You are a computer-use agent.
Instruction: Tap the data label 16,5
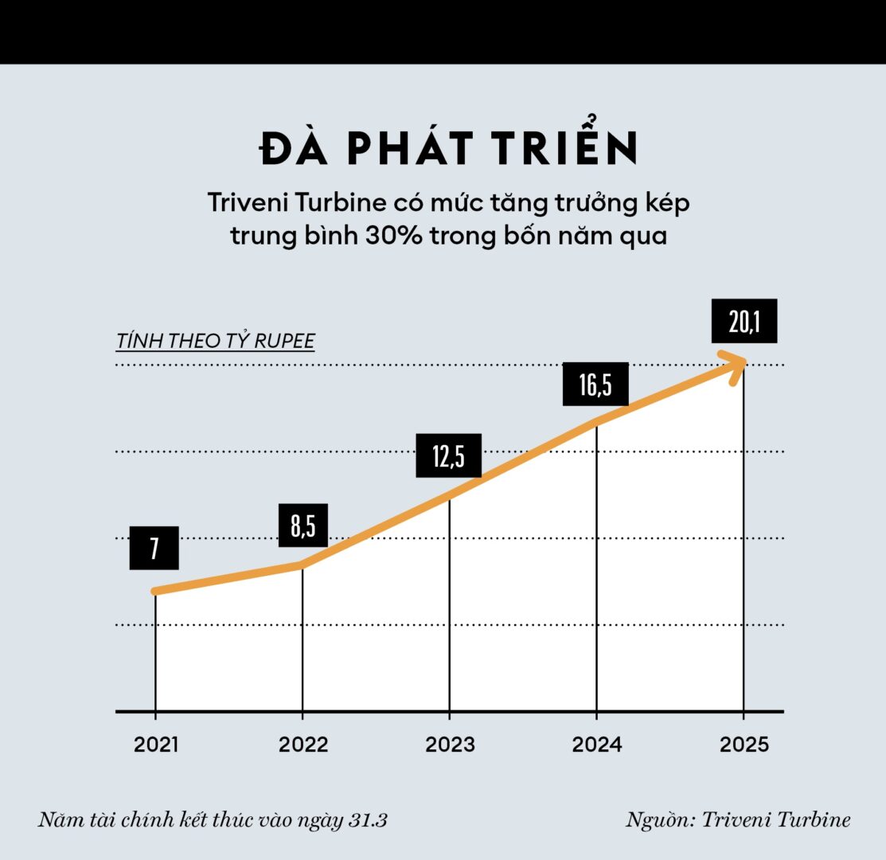595,385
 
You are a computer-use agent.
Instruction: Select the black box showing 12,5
448,455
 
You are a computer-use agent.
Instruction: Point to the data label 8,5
302,526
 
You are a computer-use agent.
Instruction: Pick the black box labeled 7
154,548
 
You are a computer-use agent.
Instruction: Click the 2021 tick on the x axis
156,745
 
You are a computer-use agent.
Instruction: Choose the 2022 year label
303,745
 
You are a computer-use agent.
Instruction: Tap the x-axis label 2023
450,745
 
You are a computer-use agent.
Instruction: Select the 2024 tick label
597,745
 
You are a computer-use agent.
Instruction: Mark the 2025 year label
744,745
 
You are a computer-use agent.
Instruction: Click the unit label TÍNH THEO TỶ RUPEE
215,342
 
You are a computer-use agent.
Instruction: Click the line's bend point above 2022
302,565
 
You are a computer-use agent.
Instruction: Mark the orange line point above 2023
450,497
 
